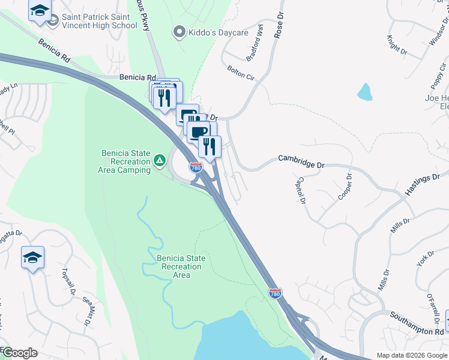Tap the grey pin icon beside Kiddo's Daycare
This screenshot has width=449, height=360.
178,32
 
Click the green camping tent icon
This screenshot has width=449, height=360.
160,160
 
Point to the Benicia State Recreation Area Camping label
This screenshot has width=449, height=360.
124,162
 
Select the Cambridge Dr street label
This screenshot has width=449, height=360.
301,161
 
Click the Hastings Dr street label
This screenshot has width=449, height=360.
422,182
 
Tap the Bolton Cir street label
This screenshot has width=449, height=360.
241,73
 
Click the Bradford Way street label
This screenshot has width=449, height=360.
255,48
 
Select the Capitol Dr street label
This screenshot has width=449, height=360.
301,190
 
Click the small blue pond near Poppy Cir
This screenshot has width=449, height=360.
364,92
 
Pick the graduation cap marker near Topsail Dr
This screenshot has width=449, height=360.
32,258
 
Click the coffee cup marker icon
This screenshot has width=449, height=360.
198,131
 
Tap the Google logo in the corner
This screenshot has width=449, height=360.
19,353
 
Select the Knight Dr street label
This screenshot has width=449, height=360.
397,45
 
